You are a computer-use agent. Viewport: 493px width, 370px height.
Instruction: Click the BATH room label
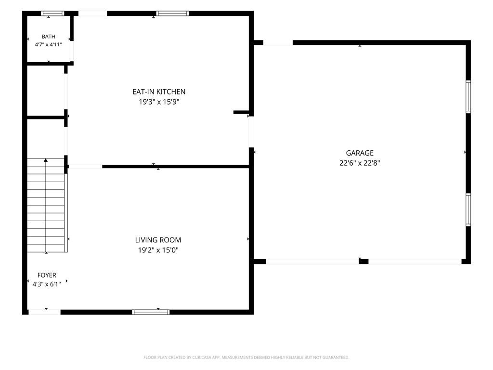(49, 37)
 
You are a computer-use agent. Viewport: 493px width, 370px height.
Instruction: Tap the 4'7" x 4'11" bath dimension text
(49, 45)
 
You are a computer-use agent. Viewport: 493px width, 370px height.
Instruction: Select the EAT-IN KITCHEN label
(159, 92)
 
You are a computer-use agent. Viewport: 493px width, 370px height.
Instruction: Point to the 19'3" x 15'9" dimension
(159, 102)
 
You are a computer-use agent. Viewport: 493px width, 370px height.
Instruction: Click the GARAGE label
(360, 153)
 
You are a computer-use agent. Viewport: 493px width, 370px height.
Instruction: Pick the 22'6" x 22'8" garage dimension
(360, 163)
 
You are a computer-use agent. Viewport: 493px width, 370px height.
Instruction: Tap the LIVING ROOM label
(158, 240)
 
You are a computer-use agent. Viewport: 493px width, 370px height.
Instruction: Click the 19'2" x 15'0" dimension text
(158, 250)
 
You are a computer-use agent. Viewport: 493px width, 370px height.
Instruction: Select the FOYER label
(47, 275)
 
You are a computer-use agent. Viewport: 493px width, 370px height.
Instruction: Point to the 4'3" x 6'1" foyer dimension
(47, 284)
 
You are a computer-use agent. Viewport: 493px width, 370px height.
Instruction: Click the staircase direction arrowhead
(46, 160)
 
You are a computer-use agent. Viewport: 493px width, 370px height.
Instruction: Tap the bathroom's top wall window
(53, 13)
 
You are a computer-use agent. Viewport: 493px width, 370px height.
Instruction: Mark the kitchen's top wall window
(172, 13)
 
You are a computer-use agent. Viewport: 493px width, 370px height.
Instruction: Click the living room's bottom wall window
(151, 312)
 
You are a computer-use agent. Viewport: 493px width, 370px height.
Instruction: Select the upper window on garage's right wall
(468, 96)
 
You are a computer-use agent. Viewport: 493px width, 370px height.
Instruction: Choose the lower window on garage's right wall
(468, 210)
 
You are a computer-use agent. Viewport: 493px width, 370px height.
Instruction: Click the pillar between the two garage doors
(364, 262)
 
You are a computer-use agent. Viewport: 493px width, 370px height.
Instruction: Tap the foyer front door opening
(45, 312)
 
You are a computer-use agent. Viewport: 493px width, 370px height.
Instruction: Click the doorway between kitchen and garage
(251, 132)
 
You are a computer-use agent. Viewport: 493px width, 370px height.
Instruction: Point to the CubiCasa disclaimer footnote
(246, 357)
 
